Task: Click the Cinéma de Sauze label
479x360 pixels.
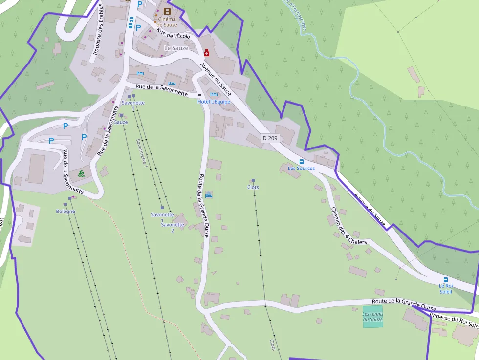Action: pyautogui.click(x=167, y=21)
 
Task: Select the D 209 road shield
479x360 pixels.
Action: pyautogui.click(x=270, y=138)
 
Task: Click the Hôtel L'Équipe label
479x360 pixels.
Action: pyautogui.click(x=214, y=102)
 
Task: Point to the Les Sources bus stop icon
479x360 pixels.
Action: pyautogui.click(x=301, y=162)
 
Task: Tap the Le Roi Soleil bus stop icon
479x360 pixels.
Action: pyautogui.click(x=445, y=280)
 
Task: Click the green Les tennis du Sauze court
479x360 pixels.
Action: pyautogui.click(x=373, y=316)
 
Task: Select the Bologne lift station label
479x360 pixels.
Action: pyautogui.click(x=65, y=212)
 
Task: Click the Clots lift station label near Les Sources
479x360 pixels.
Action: pyautogui.click(x=253, y=187)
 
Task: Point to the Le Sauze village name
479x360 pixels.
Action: pyautogui.click(x=176, y=48)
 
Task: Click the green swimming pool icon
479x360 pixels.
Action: pyautogui.click(x=80, y=173)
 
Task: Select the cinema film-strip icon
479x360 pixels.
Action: pyautogui.click(x=168, y=11)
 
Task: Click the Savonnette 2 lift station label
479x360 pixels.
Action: pyautogui.click(x=172, y=227)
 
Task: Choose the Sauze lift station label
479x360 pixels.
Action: pyautogui.click(x=121, y=122)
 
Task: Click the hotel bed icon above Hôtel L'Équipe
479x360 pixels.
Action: pyautogui.click(x=213, y=94)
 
